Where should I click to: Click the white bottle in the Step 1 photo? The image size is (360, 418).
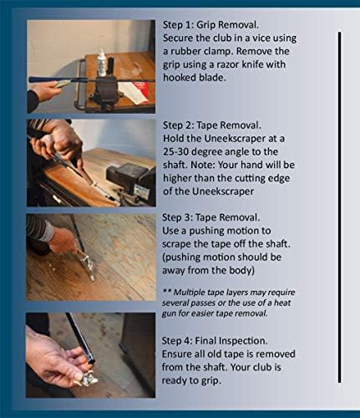(x=102, y=64)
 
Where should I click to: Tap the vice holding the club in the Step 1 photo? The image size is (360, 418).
(x=106, y=89)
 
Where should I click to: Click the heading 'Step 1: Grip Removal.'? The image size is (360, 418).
(x=210, y=25)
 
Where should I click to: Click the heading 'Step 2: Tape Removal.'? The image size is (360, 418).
(x=212, y=125)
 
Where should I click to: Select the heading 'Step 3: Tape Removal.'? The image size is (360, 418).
(x=211, y=217)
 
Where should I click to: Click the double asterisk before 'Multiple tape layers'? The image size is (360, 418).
(x=166, y=291)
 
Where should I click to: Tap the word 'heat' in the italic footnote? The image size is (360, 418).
(x=282, y=303)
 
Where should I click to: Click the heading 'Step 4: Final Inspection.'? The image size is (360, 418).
(x=215, y=341)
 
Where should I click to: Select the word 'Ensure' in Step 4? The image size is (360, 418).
(x=175, y=354)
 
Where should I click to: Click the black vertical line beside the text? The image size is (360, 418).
(x=339, y=207)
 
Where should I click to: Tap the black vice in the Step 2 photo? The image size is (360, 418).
(x=132, y=181)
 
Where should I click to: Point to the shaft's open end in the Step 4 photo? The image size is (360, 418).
(x=91, y=362)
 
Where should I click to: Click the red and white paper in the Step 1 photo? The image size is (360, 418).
(x=136, y=92)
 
